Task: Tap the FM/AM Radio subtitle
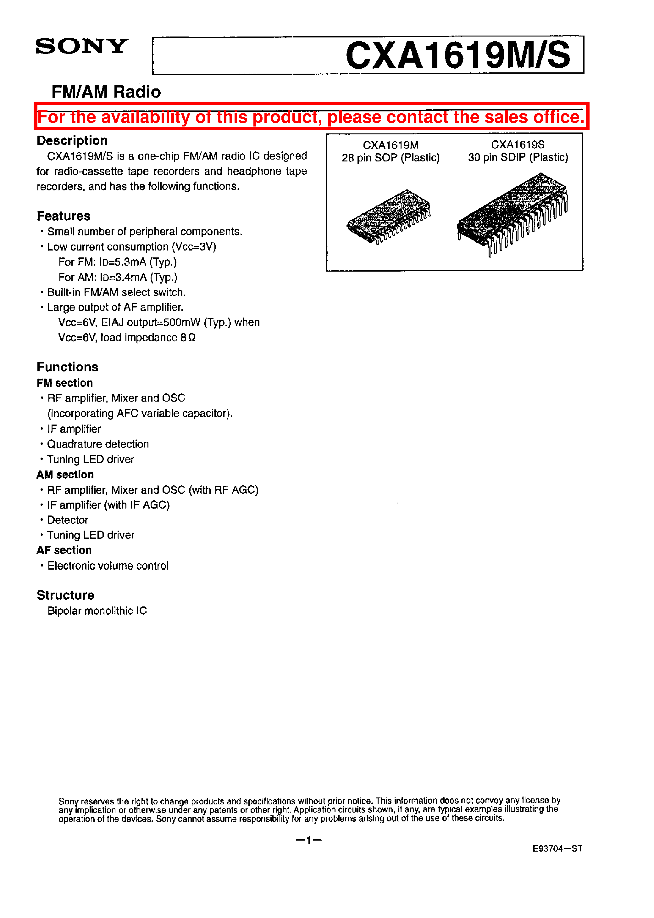pos(106,92)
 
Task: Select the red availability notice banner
pos(311,117)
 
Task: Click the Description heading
pos(72,140)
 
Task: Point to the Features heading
pos(63,216)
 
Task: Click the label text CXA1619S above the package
pos(518,145)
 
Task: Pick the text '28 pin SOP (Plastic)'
pos(390,158)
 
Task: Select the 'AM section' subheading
pos(65,474)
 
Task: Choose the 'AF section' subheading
pos(64,550)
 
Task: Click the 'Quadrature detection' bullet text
pos(98,444)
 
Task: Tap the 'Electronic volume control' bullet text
pos(108,566)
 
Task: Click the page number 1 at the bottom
pos(308,840)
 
